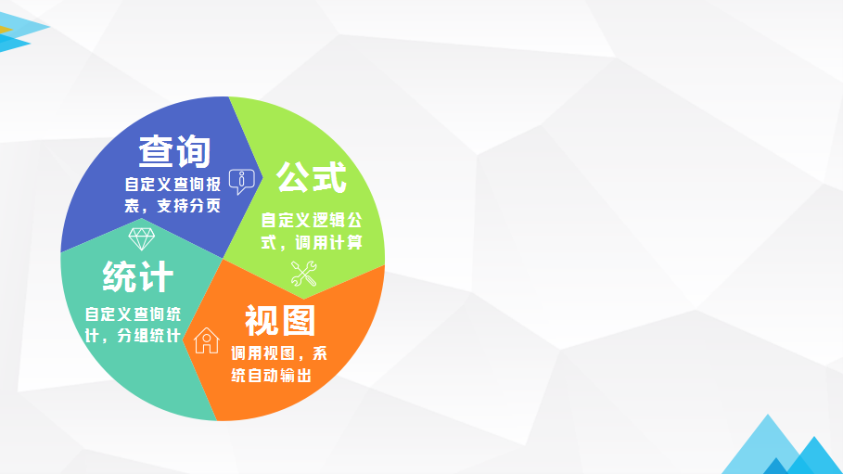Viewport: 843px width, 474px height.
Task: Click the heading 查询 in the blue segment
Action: click(174, 151)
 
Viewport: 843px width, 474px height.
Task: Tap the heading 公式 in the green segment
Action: click(312, 177)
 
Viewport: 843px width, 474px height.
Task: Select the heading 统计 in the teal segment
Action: click(138, 276)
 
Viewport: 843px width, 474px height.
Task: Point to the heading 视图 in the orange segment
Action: click(280, 320)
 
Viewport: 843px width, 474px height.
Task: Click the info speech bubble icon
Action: click(241, 181)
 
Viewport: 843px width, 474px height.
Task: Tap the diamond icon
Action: click(142, 239)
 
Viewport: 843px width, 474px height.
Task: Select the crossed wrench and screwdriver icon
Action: click(304, 274)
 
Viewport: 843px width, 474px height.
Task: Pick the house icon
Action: click(207, 340)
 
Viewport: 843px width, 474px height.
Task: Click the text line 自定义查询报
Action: click(172, 185)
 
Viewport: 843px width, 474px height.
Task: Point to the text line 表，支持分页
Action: click(172, 206)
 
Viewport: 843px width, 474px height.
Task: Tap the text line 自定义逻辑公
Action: click(312, 220)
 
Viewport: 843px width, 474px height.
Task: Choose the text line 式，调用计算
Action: click(312, 242)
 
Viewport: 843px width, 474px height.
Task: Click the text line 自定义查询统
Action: click(133, 314)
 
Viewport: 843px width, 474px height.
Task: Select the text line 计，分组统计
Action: click(133, 336)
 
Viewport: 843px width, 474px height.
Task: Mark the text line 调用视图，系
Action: click(279, 353)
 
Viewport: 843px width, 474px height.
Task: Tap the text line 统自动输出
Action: click(272, 375)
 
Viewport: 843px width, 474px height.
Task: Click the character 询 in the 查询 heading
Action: click(193, 151)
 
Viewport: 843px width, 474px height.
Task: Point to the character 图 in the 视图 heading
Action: click(299, 320)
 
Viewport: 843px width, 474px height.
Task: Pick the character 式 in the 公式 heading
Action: click(329, 177)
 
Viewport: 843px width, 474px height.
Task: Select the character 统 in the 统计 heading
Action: click(120, 276)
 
